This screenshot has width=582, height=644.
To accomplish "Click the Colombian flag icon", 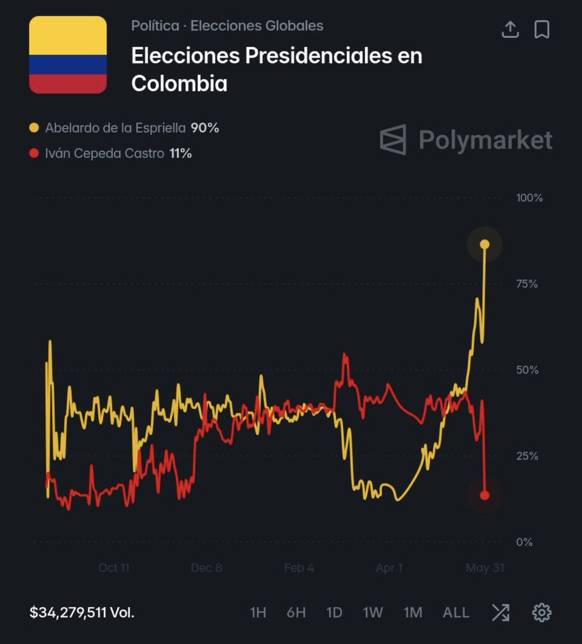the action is pyautogui.click(x=68, y=55).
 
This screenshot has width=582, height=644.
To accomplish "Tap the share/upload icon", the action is pyautogui.click(x=510, y=30).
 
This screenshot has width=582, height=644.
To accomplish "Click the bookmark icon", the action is pyautogui.click(x=542, y=30).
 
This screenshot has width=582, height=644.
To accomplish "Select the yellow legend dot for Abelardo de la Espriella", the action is pyautogui.click(x=34, y=128).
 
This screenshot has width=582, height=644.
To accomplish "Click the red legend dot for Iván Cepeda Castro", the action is pyautogui.click(x=34, y=153).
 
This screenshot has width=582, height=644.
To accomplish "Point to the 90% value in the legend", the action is pyautogui.click(x=205, y=128).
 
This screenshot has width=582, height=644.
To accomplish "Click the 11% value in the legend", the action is pyautogui.click(x=181, y=153).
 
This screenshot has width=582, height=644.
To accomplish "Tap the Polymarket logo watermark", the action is pyautogui.click(x=466, y=140).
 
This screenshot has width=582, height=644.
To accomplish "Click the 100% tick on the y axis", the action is pyautogui.click(x=529, y=197).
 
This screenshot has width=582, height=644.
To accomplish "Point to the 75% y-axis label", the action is pyautogui.click(x=527, y=284).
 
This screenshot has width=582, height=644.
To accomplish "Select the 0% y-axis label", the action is pyautogui.click(x=524, y=542).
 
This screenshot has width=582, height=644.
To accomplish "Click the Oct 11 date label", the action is pyautogui.click(x=114, y=568).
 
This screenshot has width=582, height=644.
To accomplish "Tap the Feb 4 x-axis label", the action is pyautogui.click(x=299, y=568).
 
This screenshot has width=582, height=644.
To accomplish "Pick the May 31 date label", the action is pyautogui.click(x=485, y=568).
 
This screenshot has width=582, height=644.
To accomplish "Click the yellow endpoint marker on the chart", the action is pyautogui.click(x=485, y=245).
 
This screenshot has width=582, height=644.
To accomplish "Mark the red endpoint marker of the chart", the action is pyautogui.click(x=485, y=495).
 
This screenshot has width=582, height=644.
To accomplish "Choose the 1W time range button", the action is pyautogui.click(x=373, y=612).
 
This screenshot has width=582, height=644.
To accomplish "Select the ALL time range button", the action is pyautogui.click(x=456, y=612).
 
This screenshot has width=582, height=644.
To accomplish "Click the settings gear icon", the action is pyautogui.click(x=542, y=612).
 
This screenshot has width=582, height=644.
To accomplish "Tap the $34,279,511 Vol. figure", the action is pyautogui.click(x=82, y=612).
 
